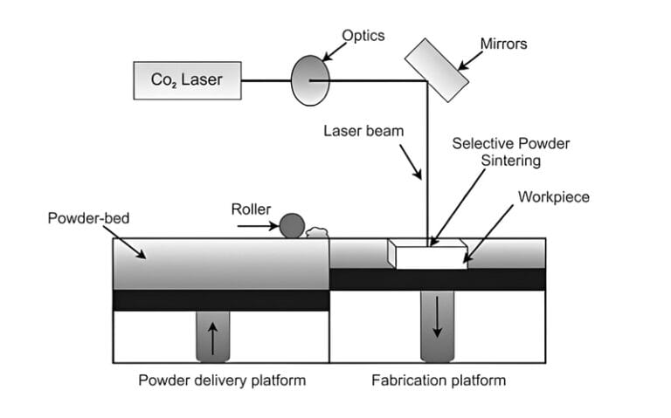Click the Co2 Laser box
point(186,80)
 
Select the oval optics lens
point(309,80)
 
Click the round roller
point(291,226)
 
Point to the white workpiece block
point(428,255)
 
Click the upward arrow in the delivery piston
point(211,337)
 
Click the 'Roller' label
point(251,209)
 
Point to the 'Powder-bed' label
point(88,217)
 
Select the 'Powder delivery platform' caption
point(221,380)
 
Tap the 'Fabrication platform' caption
point(439,380)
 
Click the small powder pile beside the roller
point(315,232)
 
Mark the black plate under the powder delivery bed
point(220,299)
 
